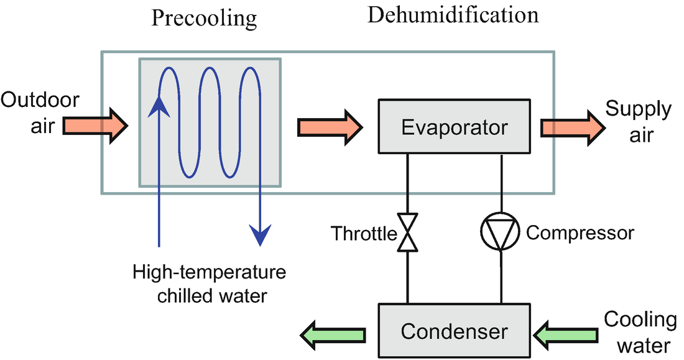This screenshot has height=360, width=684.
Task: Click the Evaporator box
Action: pyautogui.click(x=455, y=127)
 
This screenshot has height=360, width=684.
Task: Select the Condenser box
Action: pyautogui.click(x=455, y=331)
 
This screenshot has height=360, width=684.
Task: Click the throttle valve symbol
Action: pyautogui.click(x=407, y=233)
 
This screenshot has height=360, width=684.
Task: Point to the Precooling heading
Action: pyautogui.click(x=204, y=18)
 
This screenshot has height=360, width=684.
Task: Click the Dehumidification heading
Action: pyautogui.click(x=453, y=15)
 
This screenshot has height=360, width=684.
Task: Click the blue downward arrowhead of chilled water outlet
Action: pyautogui.click(x=260, y=234)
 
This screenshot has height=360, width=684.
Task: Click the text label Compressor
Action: pyautogui.click(x=580, y=233)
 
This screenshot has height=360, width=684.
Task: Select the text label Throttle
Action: pyautogui.click(x=363, y=234)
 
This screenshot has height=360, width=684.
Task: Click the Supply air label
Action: pyautogui.click(x=639, y=122)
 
